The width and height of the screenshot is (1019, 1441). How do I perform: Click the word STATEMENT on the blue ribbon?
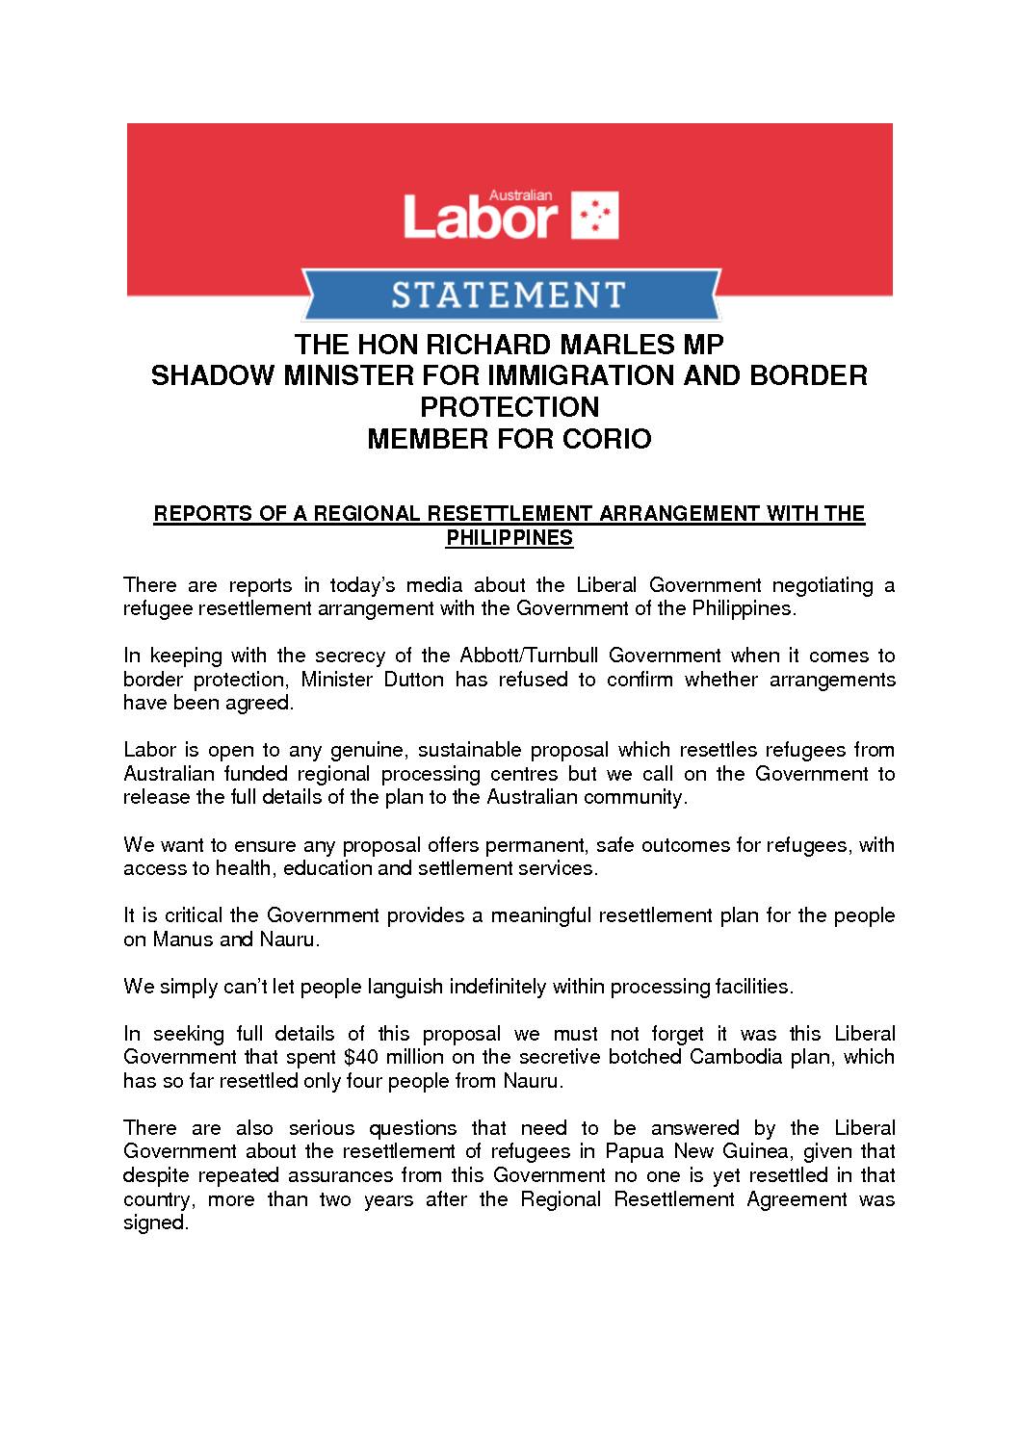coord(509,293)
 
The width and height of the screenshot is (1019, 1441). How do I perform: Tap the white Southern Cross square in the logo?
coord(595,216)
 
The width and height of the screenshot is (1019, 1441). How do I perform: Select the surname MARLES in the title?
coord(595,345)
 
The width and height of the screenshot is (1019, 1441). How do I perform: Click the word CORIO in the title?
coord(605,439)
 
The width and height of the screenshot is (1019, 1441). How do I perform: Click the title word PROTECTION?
coord(509,407)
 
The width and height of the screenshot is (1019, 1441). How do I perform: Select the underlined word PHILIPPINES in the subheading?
coord(509,538)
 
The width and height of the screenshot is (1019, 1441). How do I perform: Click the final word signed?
coord(154,1222)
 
